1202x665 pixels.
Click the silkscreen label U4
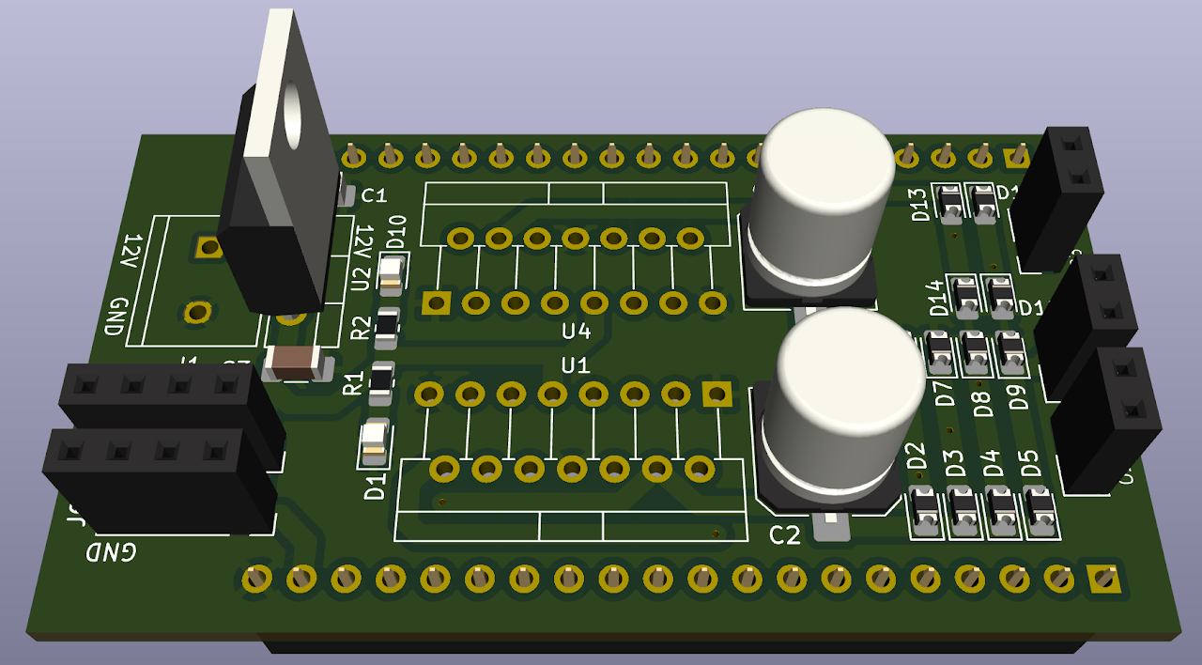coord(576,332)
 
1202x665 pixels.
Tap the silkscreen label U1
coord(575,364)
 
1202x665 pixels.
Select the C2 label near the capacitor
coord(784,535)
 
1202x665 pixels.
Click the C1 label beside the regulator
coord(374,195)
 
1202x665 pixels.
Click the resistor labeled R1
coord(381,379)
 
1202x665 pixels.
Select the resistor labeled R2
coord(387,325)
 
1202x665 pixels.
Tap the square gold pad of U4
coord(436,302)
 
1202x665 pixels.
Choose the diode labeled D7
coord(939,351)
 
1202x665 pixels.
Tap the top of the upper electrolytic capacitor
coord(826,160)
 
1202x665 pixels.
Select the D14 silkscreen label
coord(935,298)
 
